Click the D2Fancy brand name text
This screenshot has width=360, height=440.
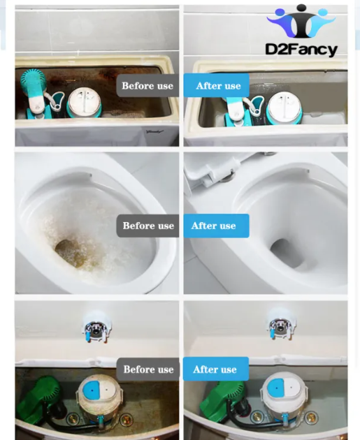(301, 50)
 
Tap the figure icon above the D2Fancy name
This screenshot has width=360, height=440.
(301, 21)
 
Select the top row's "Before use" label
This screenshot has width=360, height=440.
(147, 86)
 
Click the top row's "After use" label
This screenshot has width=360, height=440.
(217, 85)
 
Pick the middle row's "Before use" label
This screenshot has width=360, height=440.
(148, 226)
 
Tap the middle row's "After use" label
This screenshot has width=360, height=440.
(216, 226)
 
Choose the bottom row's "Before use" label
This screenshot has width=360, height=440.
(148, 369)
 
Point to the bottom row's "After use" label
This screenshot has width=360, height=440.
(216, 369)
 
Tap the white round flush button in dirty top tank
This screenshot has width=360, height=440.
(84, 102)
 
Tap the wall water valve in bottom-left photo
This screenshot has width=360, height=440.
(96, 328)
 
